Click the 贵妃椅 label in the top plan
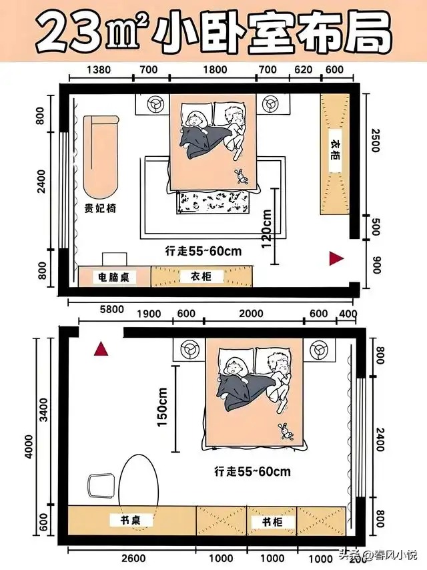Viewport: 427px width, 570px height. (100, 208)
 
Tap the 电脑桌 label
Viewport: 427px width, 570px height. (113, 278)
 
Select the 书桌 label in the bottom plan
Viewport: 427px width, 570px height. (131, 520)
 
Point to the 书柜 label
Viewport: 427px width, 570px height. (272, 522)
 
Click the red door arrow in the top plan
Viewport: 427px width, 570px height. (336, 258)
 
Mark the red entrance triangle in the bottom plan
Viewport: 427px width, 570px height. (101, 349)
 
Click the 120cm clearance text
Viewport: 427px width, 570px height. (266, 229)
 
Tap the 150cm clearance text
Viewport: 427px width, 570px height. (162, 408)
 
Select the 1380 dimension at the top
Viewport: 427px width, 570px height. (99, 69)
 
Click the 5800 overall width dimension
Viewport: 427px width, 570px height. (112, 309)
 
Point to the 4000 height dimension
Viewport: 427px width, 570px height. (29, 447)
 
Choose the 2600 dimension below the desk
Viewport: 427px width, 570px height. (133, 558)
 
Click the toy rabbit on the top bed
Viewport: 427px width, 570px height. (241, 176)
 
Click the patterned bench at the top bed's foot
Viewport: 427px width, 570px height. (214, 202)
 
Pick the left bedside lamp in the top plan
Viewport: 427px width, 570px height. (156, 103)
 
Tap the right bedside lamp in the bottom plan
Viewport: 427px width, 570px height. (320, 349)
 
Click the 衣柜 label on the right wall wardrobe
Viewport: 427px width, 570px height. (336, 150)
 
